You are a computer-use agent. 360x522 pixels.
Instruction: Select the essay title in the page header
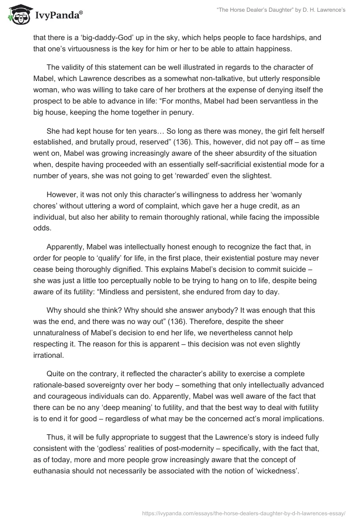pyautogui.click(x=280, y=10)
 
